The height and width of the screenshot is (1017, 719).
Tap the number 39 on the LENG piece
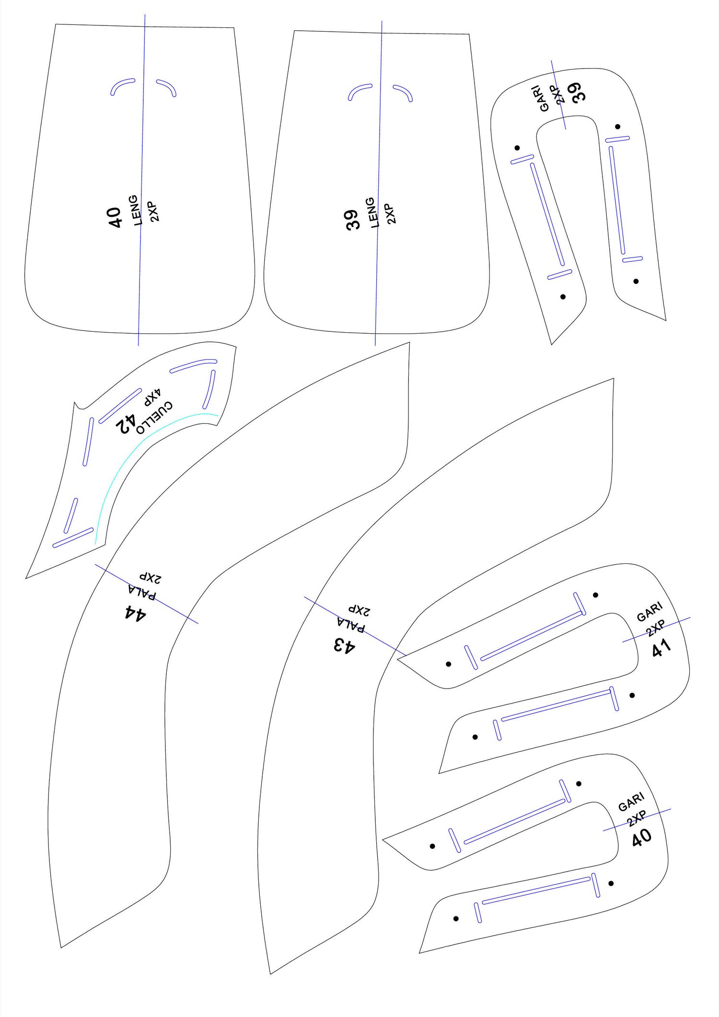(353, 220)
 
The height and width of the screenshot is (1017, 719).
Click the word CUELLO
(154, 417)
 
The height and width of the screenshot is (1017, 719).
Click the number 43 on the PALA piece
(345, 645)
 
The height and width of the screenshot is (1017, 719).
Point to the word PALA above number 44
(142, 592)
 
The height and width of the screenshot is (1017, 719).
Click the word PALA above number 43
(351, 624)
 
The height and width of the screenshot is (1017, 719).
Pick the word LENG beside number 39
(373, 212)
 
